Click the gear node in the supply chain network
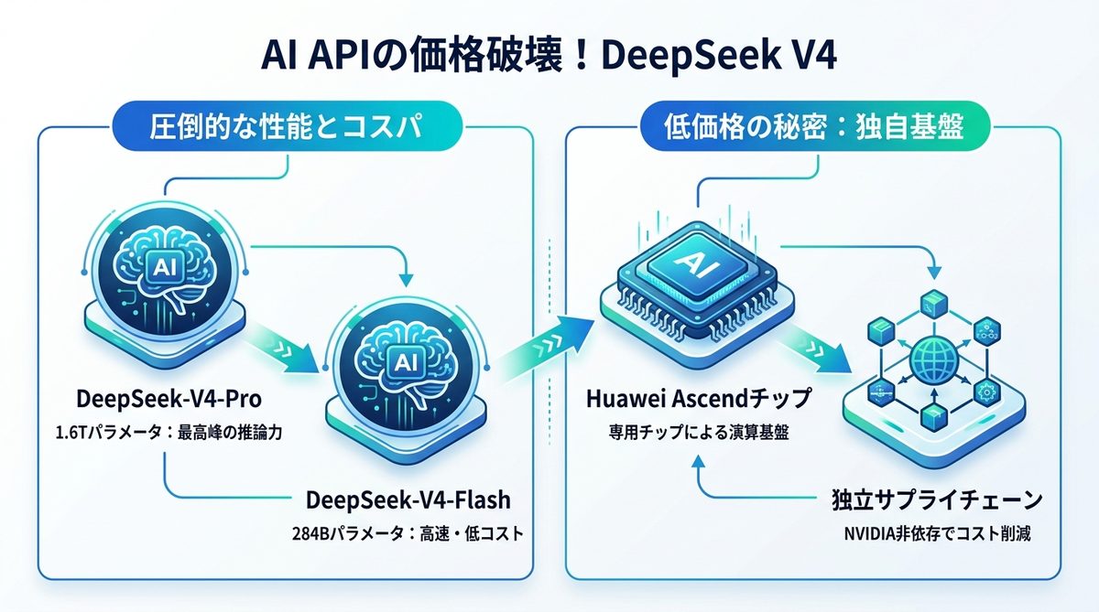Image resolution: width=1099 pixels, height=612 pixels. click(x=986, y=391)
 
